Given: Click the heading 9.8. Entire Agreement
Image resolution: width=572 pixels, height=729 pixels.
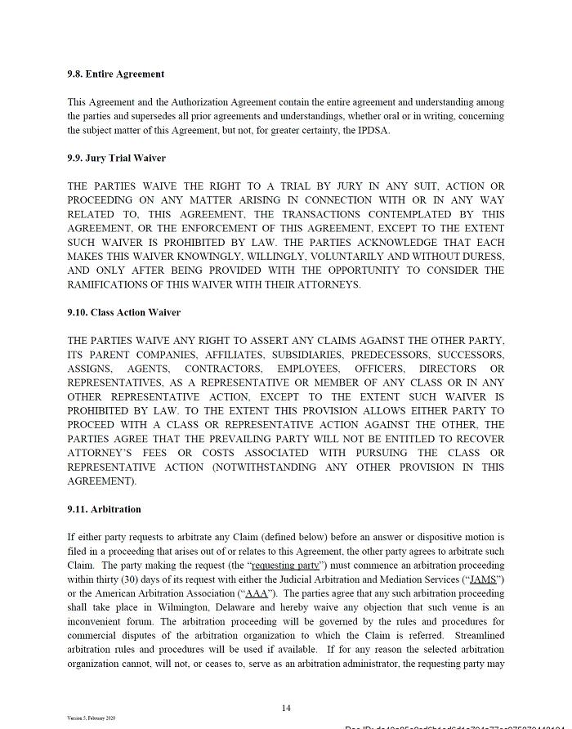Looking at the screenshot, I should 115,74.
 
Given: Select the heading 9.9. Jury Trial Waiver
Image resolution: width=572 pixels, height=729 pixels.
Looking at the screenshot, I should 116,158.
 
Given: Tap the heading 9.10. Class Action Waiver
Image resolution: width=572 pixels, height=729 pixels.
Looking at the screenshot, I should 123,312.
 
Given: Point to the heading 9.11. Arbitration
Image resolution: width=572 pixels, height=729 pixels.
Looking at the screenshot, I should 104,509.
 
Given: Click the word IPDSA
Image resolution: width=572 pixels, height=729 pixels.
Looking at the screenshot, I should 373,131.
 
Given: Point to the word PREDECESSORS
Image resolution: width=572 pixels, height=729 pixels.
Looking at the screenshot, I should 390,355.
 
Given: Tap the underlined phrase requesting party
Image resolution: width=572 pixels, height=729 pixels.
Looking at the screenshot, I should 285,566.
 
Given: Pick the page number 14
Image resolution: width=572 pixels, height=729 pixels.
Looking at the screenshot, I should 285,708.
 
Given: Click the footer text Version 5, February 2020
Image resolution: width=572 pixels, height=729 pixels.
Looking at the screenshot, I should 91,718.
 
